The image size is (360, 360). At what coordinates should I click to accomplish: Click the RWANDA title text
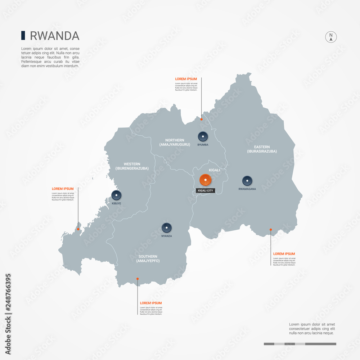[54, 36]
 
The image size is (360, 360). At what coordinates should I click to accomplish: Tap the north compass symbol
[331, 37]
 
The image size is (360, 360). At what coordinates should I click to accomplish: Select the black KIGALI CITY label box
[206, 190]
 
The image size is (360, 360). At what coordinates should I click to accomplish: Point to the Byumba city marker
[203, 136]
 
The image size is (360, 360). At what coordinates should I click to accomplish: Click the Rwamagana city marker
[247, 181]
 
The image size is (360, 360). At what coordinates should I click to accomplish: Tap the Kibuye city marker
[116, 195]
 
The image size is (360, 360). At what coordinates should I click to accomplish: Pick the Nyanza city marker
[166, 228]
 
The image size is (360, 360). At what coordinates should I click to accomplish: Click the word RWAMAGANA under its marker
[247, 189]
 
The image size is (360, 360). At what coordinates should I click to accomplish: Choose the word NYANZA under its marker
[166, 236]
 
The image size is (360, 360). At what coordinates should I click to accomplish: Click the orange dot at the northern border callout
[201, 119]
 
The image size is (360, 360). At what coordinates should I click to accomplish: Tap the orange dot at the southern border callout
[138, 278]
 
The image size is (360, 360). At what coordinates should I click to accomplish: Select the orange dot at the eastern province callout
[271, 229]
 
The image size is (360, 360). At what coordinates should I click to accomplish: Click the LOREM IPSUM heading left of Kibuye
[63, 189]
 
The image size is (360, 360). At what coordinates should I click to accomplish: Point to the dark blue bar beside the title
[23, 35]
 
